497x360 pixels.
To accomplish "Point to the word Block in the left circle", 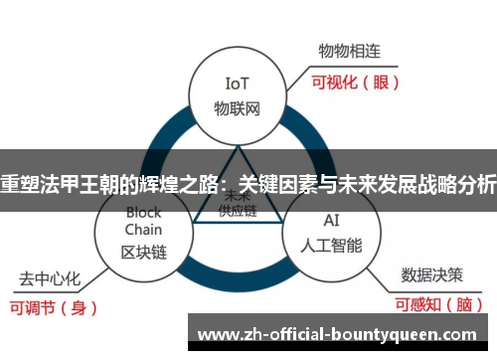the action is [143, 212].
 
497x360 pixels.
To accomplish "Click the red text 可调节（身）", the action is [57, 307].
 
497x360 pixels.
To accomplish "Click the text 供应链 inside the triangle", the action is [237, 210].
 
